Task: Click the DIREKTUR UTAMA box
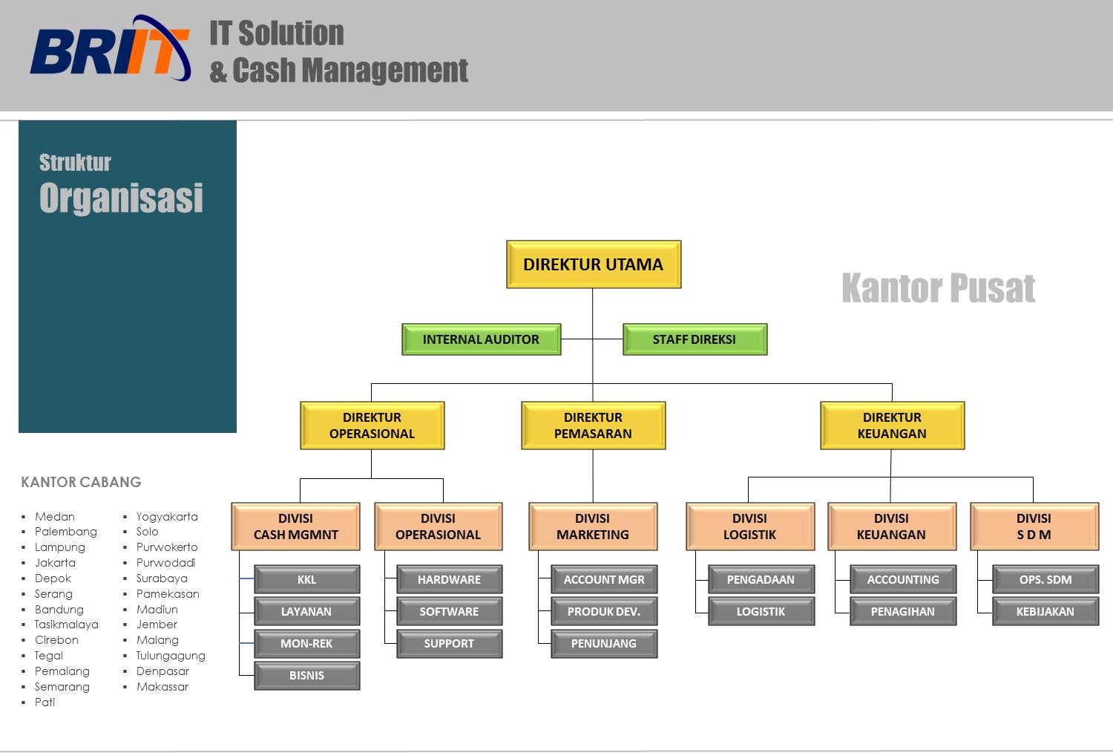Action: (x=593, y=264)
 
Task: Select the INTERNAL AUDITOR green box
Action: (x=481, y=339)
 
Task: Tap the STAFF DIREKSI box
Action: (x=694, y=339)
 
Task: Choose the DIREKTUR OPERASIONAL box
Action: (x=372, y=426)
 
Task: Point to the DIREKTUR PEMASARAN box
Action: (x=593, y=426)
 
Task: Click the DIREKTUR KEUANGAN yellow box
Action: (x=892, y=426)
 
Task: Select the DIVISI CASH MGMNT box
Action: (x=295, y=527)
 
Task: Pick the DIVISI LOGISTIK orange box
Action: (x=749, y=527)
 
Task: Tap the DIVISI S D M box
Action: (x=1034, y=527)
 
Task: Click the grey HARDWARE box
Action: (x=449, y=579)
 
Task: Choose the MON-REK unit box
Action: (x=306, y=644)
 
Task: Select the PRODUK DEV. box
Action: (x=604, y=612)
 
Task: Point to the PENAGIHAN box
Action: (x=902, y=612)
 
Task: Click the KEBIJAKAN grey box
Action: (x=1045, y=612)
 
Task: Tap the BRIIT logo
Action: (x=110, y=50)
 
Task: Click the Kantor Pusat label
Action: (x=938, y=288)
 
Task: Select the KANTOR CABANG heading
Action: (x=81, y=482)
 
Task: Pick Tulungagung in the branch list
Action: (x=171, y=656)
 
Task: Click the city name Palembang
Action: (x=66, y=532)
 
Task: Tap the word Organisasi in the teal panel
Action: (x=121, y=198)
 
